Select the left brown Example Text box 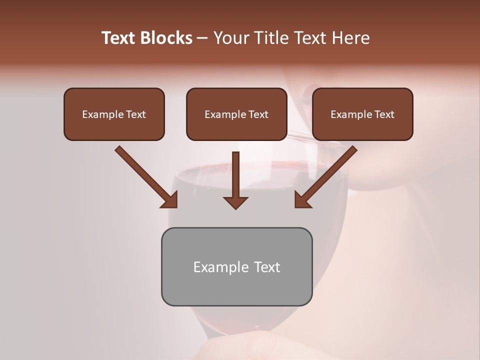tap(114, 114)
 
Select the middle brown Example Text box tap(236, 114)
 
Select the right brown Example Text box tap(362, 114)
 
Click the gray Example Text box tap(236, 266)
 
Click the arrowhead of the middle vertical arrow tap(235, 202)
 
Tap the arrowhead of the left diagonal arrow tap(170, 200)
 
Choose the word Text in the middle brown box tap(258, 114)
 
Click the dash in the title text tap(202, 38)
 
